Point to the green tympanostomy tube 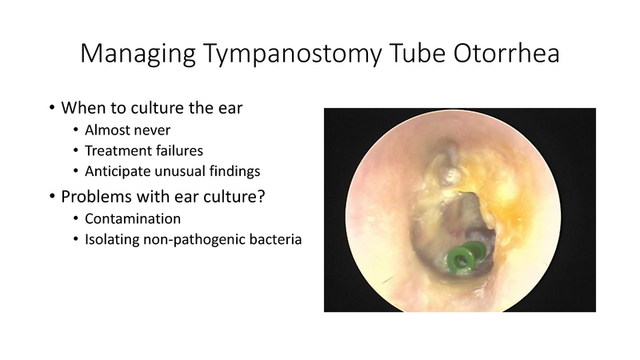pos(460,258)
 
